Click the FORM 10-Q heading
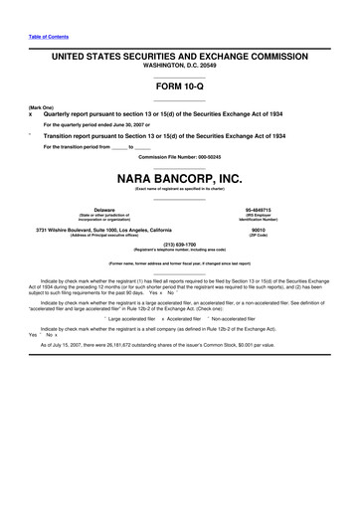coord(179,88)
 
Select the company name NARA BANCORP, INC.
coord(179,179)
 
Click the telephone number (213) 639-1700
coord(179,243)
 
